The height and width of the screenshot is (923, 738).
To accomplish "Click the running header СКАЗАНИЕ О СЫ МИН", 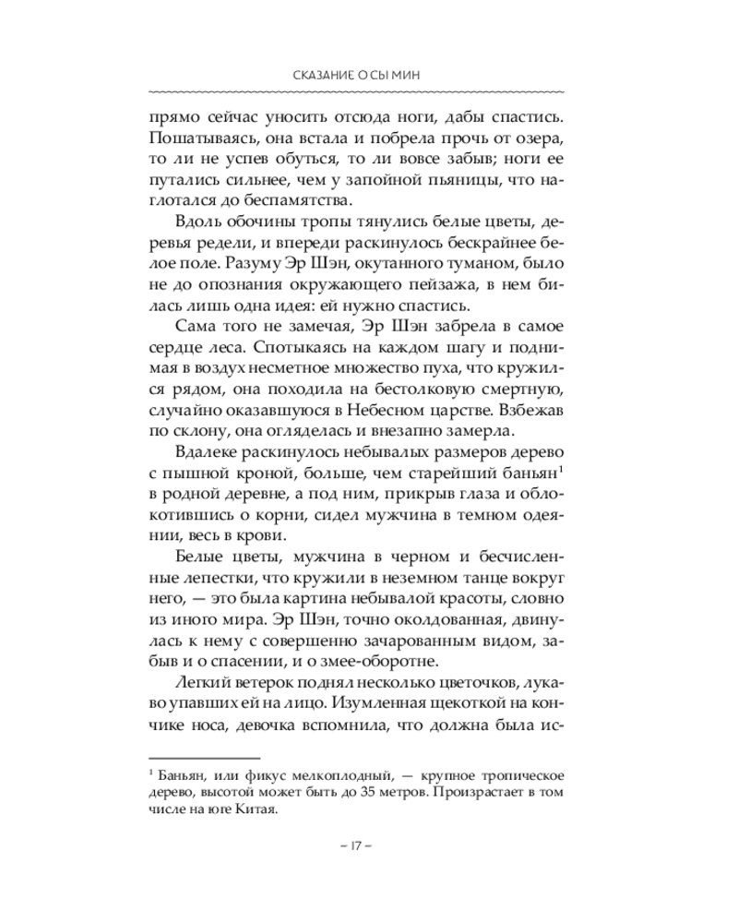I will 369,76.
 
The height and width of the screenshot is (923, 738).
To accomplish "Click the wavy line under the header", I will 369,93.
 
